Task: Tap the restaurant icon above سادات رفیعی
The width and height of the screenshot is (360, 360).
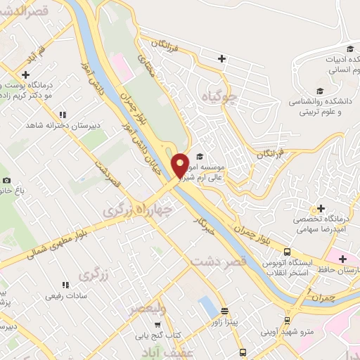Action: [65, 285]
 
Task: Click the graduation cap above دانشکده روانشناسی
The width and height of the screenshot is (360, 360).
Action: [320, 90]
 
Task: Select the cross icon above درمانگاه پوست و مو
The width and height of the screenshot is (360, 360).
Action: [26, 74]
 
